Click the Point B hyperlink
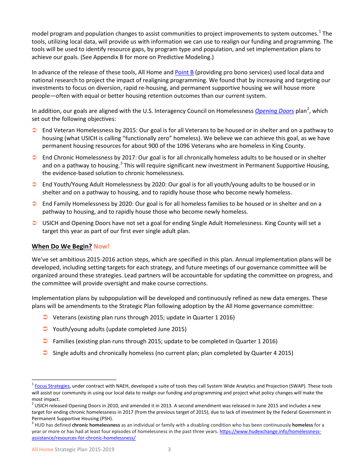184,72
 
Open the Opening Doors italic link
274,111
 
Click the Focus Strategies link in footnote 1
52,386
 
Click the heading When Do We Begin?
62,246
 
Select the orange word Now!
102,246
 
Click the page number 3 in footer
169,450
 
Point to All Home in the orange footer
42,450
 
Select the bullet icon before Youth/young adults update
45,329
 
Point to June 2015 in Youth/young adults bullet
173,329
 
